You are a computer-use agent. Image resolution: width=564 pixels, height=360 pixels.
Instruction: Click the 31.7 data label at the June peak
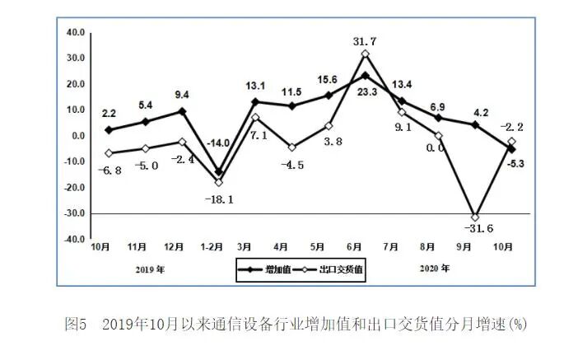point(364,40)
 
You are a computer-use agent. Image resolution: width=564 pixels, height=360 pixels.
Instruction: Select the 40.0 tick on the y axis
point(76,32)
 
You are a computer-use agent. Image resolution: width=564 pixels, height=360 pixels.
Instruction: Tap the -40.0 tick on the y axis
point(74,239)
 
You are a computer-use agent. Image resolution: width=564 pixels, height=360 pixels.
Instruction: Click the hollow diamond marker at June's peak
point(365,54)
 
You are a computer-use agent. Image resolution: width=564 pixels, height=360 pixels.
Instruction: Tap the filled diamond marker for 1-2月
point(218,172)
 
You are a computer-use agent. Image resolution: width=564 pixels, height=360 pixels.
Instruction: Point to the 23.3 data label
point(366,92)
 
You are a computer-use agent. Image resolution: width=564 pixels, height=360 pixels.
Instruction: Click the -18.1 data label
point(218,199)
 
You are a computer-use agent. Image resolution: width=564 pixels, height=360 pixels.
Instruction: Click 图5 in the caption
point(76,324)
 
